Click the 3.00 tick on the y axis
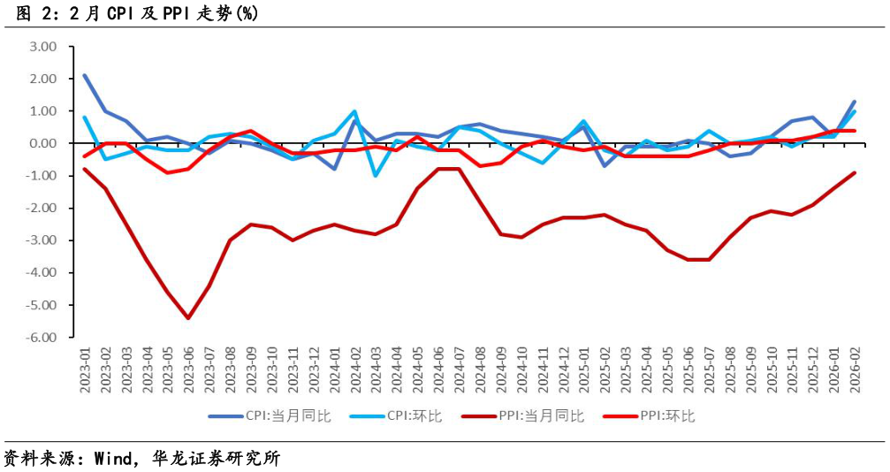pyautogui.click(x=42, y=46)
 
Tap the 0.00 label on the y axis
pyautogui.click(x=42, y=143)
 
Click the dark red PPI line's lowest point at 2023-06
pyautogui.click(x=188, y=318)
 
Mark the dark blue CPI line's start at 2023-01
pyautogui.click(x=85, y=75)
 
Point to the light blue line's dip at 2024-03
pyautogui.click(x=376, y=176)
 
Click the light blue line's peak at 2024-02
pyautogui.click(x=354, y=111)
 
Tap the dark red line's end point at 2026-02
pyautogui.click(x=855, y=172)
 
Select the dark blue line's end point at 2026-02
pyautogui.click(x=855, y=102)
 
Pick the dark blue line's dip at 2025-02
pyautogui.click(x=605, y=166)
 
